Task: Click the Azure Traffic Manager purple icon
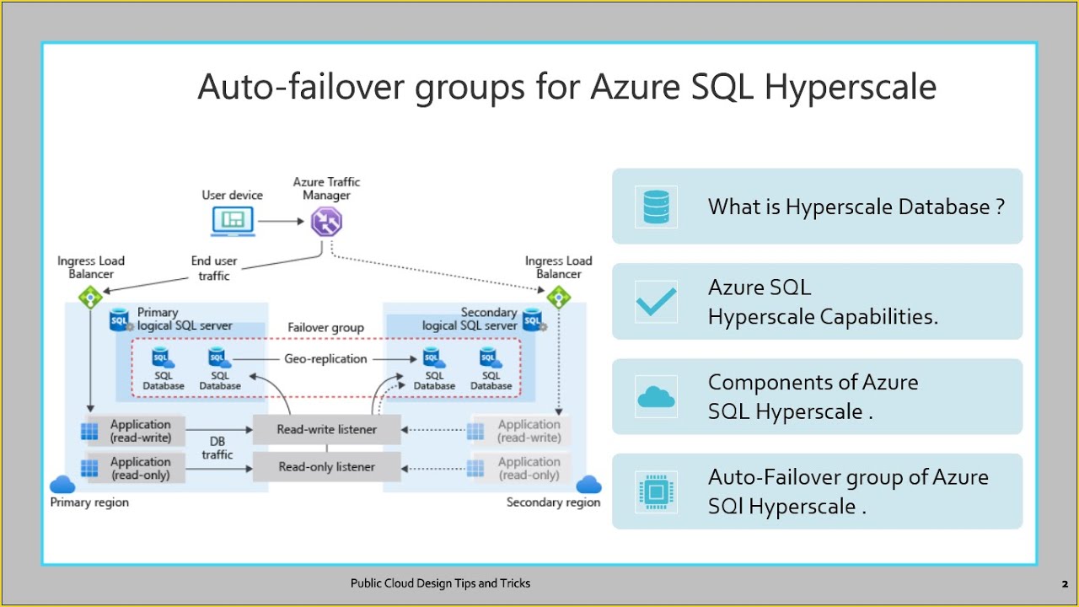(326, 222)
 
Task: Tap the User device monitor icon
(232, 221)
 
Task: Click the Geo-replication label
(325, 359)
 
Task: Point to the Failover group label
(325, 328)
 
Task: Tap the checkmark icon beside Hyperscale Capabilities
(656, 302)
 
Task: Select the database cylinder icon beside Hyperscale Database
(656, 207)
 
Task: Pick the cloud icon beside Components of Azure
(656, 397)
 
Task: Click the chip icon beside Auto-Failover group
(656, 492)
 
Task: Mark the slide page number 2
(1065, 583)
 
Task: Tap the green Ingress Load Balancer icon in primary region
(89, 297)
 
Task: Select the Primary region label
(89, 502)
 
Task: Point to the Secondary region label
(553, 502)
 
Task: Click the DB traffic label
(217, 448)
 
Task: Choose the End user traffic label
(214, 268)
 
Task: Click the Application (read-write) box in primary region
(140, 431)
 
